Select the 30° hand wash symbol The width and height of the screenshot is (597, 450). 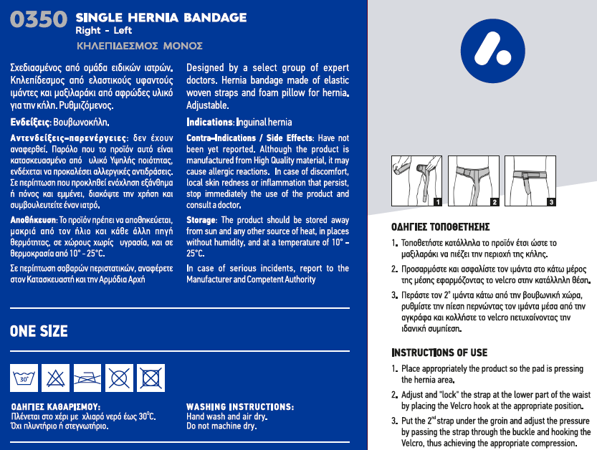pos(25,376)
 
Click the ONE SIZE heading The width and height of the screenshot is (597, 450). pos(39,331)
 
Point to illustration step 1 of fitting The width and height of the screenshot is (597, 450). pos(417,181)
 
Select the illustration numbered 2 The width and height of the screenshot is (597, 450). pos(474,181)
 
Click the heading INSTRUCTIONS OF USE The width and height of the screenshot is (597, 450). pos(439,353)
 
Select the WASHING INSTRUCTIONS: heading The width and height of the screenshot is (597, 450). pos(239,407)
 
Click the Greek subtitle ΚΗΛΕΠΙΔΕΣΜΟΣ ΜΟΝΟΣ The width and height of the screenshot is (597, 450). pos(139,46)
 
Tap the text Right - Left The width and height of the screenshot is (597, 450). pos(104,31)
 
